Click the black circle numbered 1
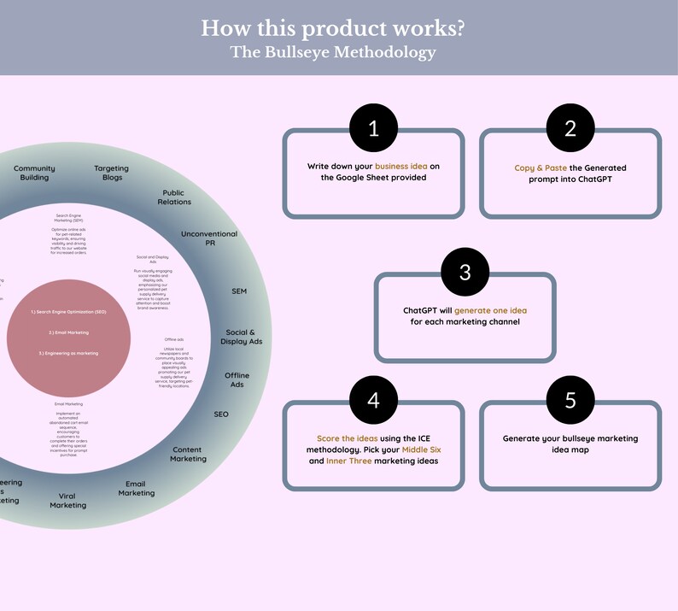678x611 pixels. click(x=373, y=128)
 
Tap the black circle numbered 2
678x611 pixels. click(x=570, y=128)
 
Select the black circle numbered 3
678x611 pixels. click(x=465, y=272)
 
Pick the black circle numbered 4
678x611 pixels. click(x=373, y=400)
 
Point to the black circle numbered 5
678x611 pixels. click(x=570, y=400)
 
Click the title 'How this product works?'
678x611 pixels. click(x=333, y=27)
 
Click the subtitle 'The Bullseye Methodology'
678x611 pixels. click(x=333, y=52)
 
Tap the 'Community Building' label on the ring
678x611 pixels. click(x=34, y=173)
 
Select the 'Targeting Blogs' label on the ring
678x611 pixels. click(x=111, y=173)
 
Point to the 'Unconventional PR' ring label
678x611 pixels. click(x=209, y=238)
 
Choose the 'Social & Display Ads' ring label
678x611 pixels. click(x=243, y=337)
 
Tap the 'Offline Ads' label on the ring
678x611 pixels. click(x=237, y=379)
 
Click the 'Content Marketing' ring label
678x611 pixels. click(x=188, y=454)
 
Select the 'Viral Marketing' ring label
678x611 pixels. click(x=67, y=500)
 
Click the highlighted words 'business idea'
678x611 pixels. click(x=401, y=166)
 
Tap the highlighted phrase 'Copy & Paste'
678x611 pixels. click(x=540, y=167)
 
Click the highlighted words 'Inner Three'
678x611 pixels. click(x=349, y=461)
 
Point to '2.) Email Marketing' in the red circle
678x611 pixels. click(x=68, y=332)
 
